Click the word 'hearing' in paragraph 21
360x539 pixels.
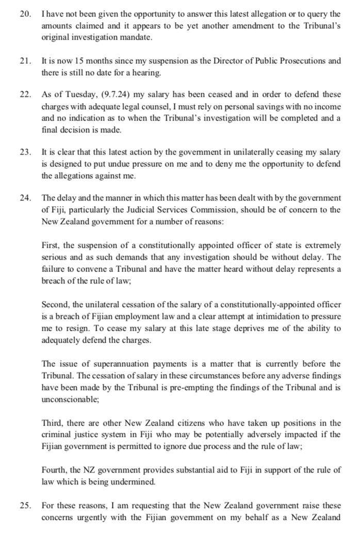click(148, 73)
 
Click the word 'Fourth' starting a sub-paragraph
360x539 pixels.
click(54, 469)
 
